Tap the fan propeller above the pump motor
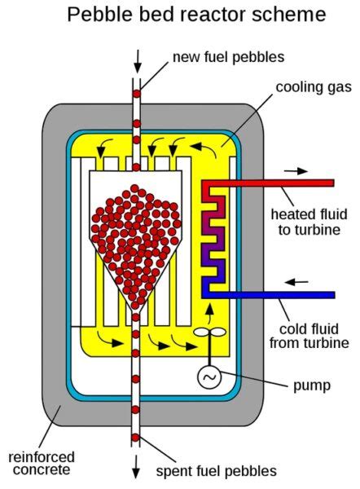point(210,334)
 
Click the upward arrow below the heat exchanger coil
point(209,311)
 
